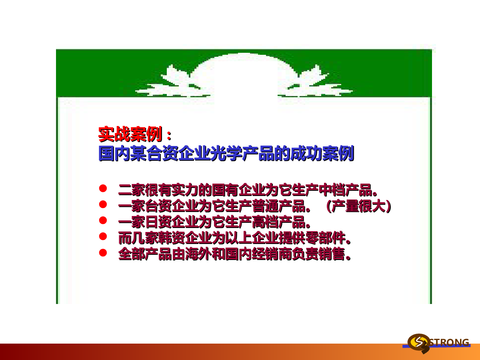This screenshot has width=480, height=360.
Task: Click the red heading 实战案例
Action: tap(130, 134)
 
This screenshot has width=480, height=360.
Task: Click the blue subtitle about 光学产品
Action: tap(226, 153)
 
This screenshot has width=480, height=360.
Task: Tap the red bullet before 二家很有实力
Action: tap(103, 188)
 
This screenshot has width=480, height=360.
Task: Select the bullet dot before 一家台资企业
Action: tap(103, 204)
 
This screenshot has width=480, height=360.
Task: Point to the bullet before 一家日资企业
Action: tap(103, 220)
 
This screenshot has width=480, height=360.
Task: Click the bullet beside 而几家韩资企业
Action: tap(103, 236)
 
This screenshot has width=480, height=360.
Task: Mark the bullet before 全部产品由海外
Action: tap(103, 252)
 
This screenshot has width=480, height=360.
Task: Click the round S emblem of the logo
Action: tap(418, 342)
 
